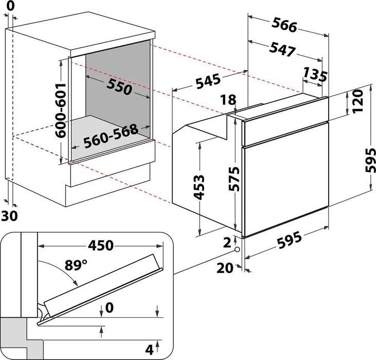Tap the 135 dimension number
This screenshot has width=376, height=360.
click(314, 75)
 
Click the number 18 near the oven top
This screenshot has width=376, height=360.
click(229, 100)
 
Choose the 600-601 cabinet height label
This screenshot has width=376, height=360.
click(61, 110)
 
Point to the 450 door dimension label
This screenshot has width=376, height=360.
click(99, 246)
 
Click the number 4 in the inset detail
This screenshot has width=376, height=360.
click(149, 350)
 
